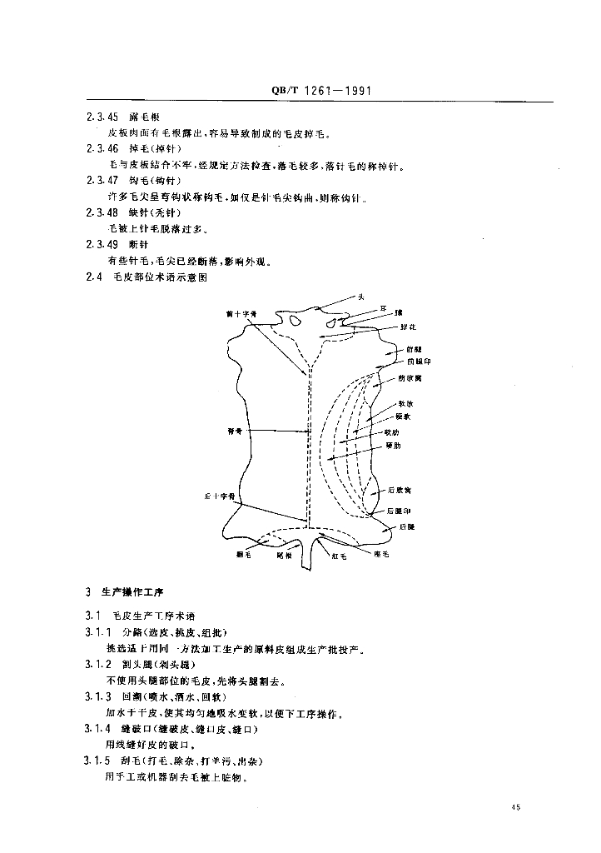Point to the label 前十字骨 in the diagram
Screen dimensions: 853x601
point(241,313)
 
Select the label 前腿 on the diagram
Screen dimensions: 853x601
point(413,350)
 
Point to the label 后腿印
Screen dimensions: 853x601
point(400,510)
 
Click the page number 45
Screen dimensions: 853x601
point(517,806)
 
